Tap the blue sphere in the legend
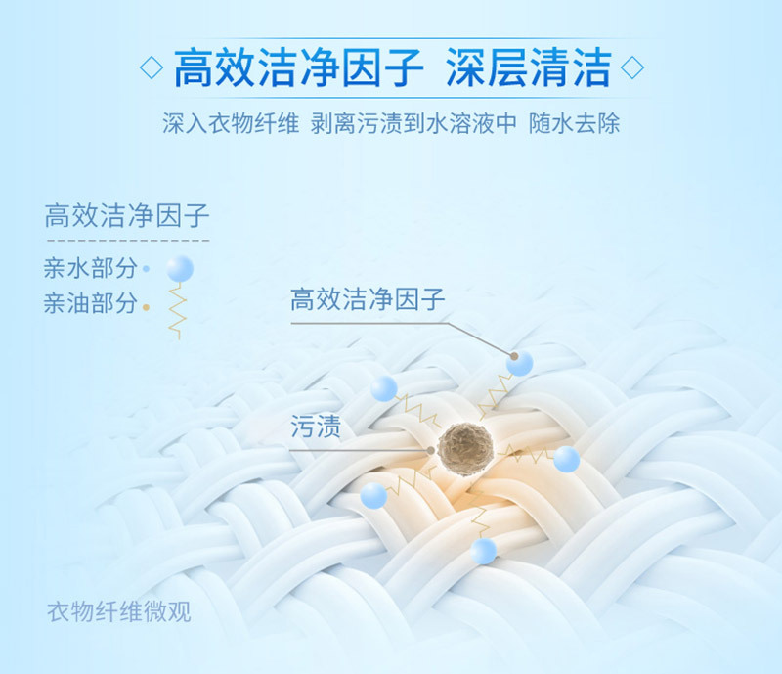point(180,269)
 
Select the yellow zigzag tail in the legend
point(177,311)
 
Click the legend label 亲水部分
point(90,268)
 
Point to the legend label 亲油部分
point(90,303)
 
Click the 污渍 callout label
point(315,427)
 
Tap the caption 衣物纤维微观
point(119,611)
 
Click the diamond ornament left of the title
point(152,67)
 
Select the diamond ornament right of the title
point(631,67)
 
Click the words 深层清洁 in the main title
point(529,67)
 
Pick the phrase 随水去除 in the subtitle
point(574,123)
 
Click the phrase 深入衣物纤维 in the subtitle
point(231,123)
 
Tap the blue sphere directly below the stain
point(483,551)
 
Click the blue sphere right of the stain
point(567,460)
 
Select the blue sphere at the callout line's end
point(520,363)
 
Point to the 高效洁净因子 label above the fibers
point(368,299)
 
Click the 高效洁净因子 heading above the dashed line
point(127,215)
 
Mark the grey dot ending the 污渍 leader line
point(431,450)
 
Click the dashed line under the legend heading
point(128,240)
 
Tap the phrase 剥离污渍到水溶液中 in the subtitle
point(413,123)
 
